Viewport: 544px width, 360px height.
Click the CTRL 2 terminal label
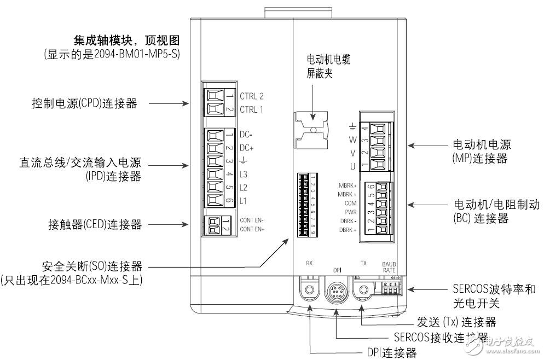click(x=252, y=96)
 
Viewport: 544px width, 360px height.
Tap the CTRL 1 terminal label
click(x=252, y=109)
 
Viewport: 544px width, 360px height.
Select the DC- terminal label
click(x=247, y=135)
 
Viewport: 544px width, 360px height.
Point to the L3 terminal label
click(x=244, y=175)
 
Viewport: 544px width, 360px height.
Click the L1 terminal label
click(x=244, y=201)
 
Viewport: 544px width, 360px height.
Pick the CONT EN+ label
click(x=252, y=229)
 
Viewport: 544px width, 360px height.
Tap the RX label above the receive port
click(x=309, y=263)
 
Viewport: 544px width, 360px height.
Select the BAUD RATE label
click(x=389, y=266)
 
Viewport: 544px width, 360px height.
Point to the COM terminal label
click(x=351, y=202)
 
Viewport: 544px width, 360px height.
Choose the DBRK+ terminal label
click(x=348, y=230)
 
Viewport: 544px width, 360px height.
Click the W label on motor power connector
click(x=353, y=140)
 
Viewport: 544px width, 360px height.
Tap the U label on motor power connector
click(x=353, y=166)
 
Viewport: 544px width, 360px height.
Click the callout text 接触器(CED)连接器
click(x=95, y=224)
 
